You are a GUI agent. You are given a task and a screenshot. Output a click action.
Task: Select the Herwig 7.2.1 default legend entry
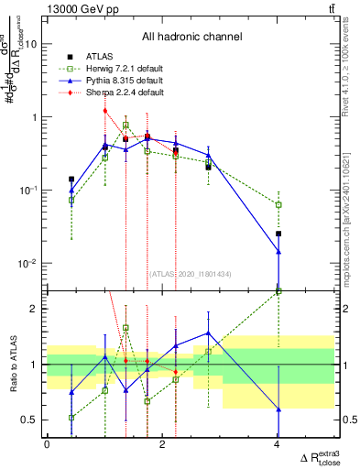tap(115, 70)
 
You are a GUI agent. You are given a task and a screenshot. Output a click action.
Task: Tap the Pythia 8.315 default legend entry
tap(114, 82)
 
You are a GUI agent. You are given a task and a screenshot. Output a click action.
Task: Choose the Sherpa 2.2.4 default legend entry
tap(115, 93)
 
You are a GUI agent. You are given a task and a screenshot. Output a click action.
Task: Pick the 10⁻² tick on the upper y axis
tap(29, 264)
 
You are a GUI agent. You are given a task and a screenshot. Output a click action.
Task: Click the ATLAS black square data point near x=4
tap(278, 234)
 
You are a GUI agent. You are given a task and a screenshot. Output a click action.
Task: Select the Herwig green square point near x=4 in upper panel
tap(278, 204)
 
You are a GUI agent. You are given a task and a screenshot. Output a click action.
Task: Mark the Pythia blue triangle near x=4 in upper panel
tap(278, 251)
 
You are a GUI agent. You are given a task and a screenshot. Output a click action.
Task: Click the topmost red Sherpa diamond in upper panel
tap(105, 111)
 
